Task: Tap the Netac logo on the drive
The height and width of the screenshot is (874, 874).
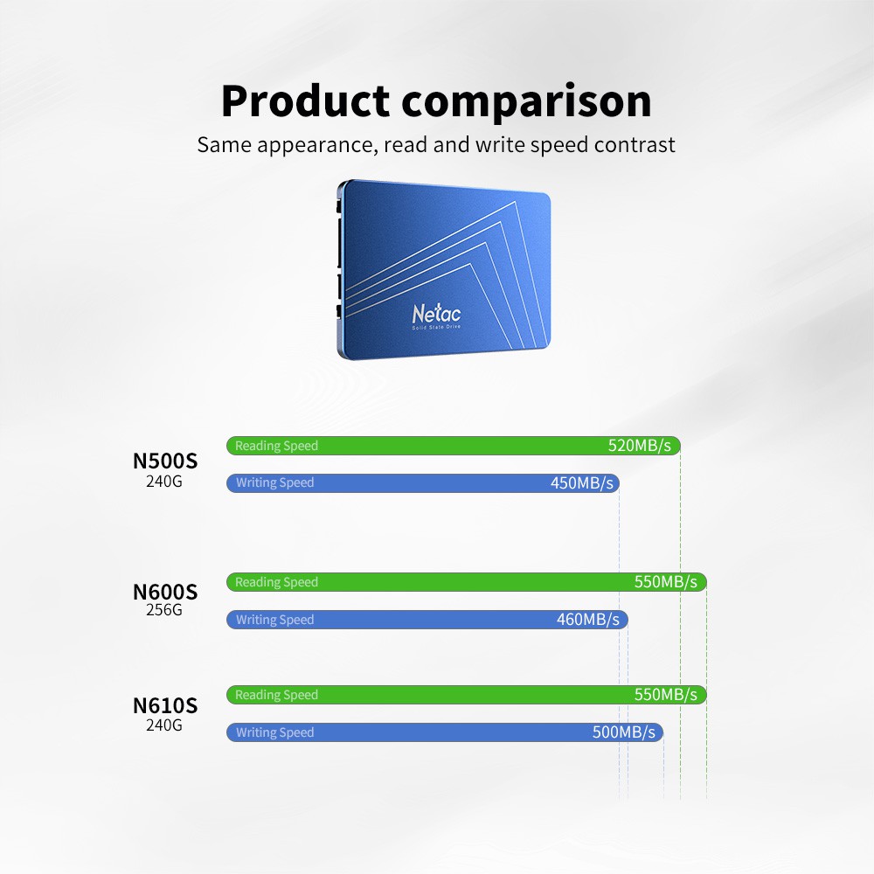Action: pyautogui.click(x=436, y=313)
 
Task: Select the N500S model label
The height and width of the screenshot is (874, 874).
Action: pyautogui.click(x=164, y=461)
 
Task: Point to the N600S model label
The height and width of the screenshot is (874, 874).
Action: pyautogui.click(x=164, y=592)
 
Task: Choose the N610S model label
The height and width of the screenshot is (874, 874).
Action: pyautogui.click(x=164, y=705)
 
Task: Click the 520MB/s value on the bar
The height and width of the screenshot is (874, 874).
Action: pyautogui.click(x=640, y=446)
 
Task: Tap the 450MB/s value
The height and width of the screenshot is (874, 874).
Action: pyautogui.click(x=582, y=483)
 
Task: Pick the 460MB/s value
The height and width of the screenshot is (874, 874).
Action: pyautogui.click(x=587, y=620)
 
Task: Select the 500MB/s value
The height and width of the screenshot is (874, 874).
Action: pyautogui.click(x=623, y=732)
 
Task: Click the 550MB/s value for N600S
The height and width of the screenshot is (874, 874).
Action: pyautogui.click(x=666, y=582)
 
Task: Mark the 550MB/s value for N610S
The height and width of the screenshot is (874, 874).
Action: pyautogui.click(x=666, y=695)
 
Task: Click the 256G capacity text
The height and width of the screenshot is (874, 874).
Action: pyautogui.click(x=164, y=610)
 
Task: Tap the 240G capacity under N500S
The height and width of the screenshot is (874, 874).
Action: pyautogui.click(x=164, y=480)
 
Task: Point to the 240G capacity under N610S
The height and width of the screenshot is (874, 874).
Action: pyautogui.click(x=164, y=725)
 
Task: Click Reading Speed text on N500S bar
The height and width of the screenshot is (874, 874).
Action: pyautogui.click(x=276, y=446)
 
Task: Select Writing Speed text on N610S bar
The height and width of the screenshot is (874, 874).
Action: pyautogui.click(x=274, y=732)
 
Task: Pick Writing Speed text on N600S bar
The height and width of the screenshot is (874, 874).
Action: pyautogui.click(x=274, y=620)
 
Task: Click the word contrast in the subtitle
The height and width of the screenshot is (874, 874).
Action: pyautogui.click(x=635, y=144)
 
